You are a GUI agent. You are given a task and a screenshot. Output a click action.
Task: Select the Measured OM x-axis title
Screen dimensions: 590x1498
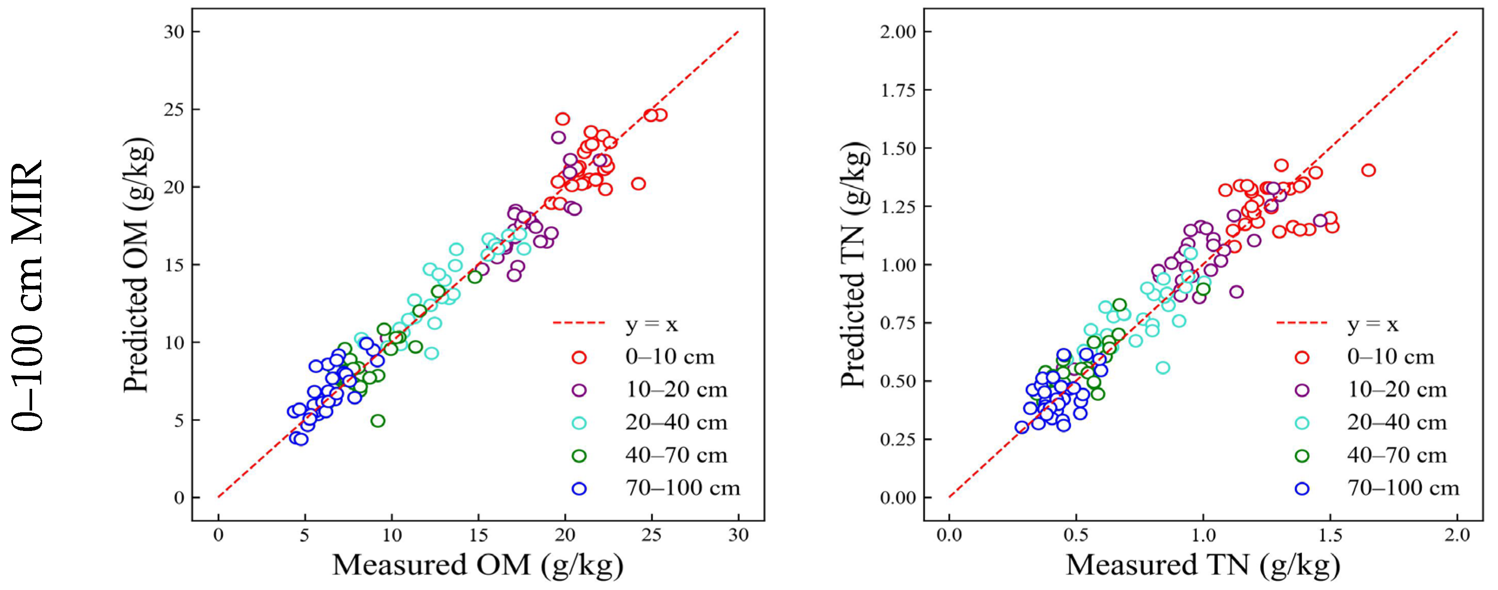click(478, 565)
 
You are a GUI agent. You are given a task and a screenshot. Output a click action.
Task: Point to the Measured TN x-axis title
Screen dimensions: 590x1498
click(1202, 565)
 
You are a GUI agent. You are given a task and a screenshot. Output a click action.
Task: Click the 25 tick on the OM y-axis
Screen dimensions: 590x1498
click(174, 109)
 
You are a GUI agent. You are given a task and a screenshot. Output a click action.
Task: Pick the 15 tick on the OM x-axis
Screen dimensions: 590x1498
click(478, 535)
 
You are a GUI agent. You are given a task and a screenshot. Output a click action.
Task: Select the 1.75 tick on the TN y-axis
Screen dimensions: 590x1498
click(898, 90)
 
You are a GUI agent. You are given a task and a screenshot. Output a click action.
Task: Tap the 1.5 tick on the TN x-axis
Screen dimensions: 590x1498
click(1331, 535)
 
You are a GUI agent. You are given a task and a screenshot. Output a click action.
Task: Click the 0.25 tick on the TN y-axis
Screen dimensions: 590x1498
click(898, 439)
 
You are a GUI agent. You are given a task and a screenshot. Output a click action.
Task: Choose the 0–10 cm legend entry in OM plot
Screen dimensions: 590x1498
click(669, 357)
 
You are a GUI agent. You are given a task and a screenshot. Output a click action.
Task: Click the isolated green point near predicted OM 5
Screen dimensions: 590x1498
click(378, 420)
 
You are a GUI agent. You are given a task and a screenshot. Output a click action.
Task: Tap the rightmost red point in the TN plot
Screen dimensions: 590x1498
click(1368, 170)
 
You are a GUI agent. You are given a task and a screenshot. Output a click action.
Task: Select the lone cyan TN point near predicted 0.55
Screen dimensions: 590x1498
click(1163, 368)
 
